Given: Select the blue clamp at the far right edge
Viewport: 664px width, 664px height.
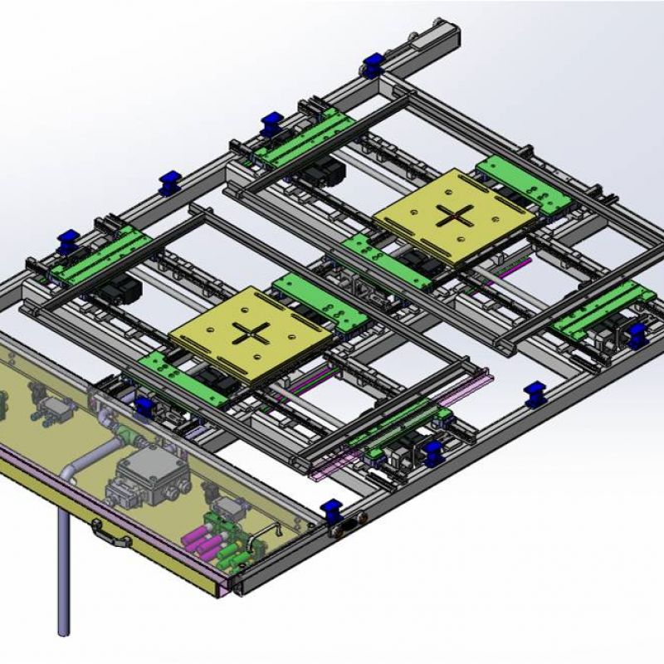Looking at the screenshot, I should point(637,334).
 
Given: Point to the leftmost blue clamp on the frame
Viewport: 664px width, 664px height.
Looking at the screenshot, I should point(66,243).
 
